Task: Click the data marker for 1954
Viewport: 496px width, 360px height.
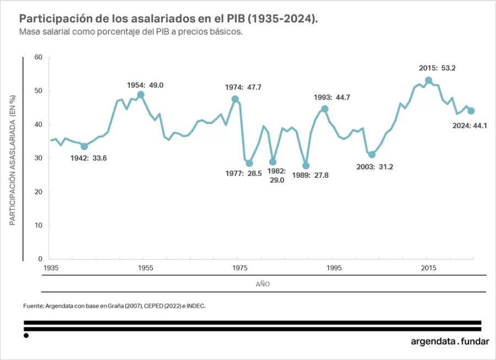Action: [141, 94]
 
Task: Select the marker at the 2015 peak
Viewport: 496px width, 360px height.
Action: [428, 80]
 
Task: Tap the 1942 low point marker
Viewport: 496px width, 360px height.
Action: [84, 146]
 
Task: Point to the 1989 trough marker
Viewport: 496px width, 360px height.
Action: [306, 165]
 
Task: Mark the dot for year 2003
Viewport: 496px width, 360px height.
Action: [372, 154]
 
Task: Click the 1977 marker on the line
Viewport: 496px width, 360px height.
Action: [249, 163]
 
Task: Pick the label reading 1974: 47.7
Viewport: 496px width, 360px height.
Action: [243, 87]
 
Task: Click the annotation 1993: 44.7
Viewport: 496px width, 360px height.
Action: [332, 98]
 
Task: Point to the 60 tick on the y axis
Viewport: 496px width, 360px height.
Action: [38, 57]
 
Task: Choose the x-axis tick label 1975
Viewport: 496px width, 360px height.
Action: [240, 268]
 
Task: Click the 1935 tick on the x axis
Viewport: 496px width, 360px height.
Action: [51, 268]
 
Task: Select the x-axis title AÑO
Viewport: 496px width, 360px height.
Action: [263, 284]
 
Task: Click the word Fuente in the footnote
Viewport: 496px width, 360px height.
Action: [33, 305]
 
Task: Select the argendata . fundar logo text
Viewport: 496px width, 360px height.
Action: [450, 341]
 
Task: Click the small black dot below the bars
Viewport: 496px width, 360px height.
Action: [26, 335]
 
